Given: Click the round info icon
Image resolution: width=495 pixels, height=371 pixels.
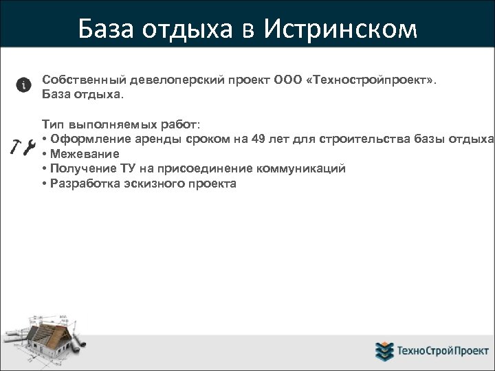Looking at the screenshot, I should pos(23,85).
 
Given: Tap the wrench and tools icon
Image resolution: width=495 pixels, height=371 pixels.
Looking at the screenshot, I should pos(23,146).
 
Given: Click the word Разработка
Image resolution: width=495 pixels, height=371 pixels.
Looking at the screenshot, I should pos(80,183).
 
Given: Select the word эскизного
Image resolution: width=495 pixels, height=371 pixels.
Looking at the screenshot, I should pos(149,183).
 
